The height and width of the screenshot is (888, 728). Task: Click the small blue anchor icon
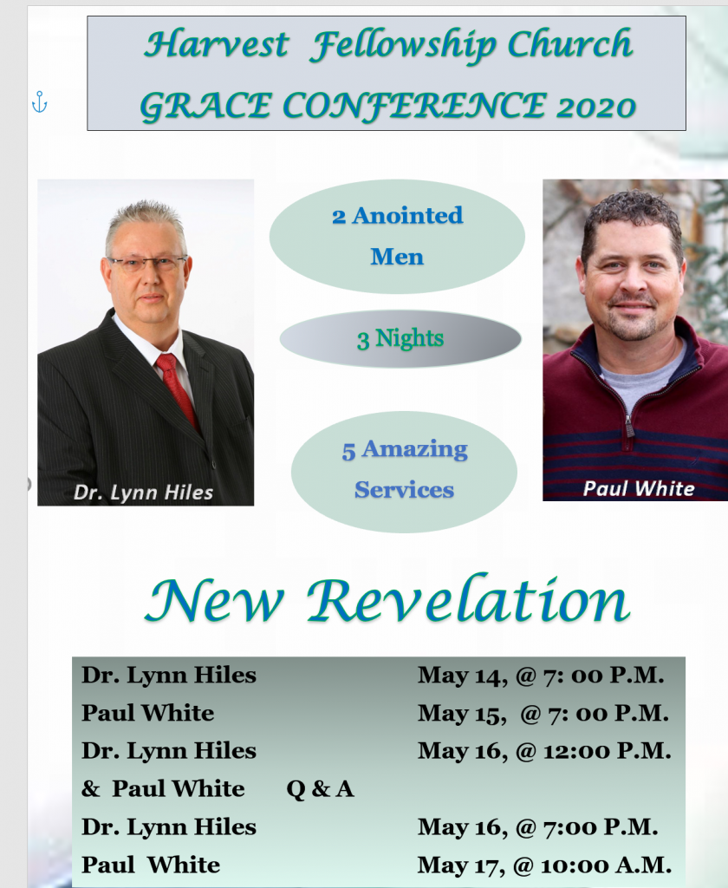[39, 102]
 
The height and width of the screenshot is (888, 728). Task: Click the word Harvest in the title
[217, 44]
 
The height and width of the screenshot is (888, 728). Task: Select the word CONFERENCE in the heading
[413, 107]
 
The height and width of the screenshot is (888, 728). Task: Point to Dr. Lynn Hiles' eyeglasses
[146, 263]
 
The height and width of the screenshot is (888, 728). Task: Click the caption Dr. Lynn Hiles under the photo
[143, 493]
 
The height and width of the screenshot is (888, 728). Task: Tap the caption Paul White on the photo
[639, 488]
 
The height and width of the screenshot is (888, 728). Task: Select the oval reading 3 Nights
[400, 339]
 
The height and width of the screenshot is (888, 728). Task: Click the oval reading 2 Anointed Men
[397, 236]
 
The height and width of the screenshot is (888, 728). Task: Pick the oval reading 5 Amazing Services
[404, 472]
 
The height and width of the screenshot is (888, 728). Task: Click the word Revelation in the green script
[468, 600]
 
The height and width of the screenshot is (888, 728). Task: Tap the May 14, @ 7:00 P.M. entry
[541, 675]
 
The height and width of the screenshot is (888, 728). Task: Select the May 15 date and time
[543, 713]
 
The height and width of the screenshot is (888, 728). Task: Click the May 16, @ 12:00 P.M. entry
[544, 751]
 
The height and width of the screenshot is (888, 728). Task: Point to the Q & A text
[321, 789]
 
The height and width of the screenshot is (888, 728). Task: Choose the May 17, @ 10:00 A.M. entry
[544, 865]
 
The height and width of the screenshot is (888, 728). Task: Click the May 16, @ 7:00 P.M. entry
[538, 827]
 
